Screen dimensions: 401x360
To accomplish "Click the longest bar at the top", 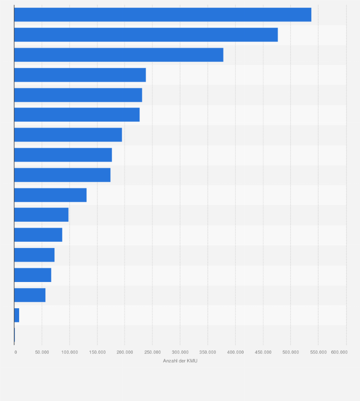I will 162,15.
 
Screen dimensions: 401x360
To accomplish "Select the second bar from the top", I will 146,35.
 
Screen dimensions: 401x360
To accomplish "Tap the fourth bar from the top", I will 80,75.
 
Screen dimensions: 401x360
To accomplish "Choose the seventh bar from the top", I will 68,135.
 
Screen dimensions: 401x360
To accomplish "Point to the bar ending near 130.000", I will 50,195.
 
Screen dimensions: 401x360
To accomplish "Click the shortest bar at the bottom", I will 14,335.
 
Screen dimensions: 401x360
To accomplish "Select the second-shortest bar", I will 17,315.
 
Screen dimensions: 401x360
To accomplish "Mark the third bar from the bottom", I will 30,295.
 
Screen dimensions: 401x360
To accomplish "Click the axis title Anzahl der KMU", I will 180,361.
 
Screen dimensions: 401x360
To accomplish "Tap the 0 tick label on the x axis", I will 16,352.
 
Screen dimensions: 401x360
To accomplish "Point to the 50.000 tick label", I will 42,352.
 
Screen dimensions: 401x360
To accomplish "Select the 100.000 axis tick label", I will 70,352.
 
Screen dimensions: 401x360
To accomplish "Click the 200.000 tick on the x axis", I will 125,352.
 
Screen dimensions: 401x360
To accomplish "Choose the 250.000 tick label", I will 152,352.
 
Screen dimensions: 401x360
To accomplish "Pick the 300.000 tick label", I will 180,352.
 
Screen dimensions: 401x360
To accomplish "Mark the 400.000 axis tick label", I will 235,352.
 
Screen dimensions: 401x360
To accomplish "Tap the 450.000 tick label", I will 263,352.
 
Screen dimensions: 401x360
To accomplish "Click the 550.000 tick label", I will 318,352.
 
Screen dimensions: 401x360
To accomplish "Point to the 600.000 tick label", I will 339,352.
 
